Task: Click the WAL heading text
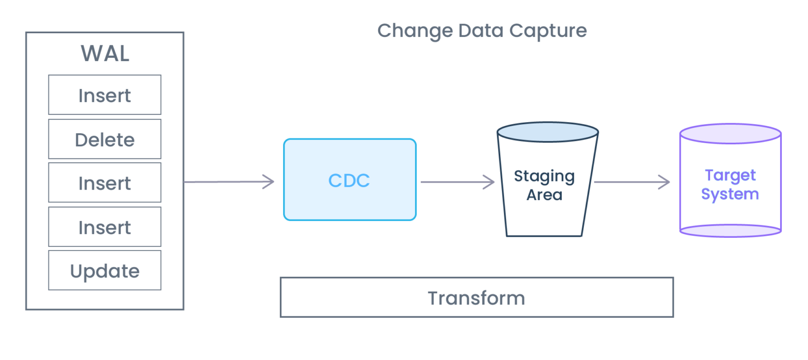coord(105,54)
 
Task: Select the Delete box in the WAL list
coord(105,139)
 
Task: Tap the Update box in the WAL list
coord(105,271)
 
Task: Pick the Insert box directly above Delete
coord(105,95)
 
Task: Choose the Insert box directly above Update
coord(105,227)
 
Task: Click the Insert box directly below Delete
coord(105,183)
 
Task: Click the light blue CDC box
coord(349,180)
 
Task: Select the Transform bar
coord(476,297)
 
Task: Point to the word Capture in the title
coord(551,31)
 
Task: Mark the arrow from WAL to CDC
coord(229,182)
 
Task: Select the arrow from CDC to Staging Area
coord(457,182)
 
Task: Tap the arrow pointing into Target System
coord(632,182)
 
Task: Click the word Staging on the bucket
coord(544,176)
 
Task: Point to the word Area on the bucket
coord(544,195)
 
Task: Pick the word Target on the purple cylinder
coord(730,175)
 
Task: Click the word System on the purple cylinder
coord(730,194)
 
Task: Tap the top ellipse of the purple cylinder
coord(730,134)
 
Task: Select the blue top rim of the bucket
coord(547,132)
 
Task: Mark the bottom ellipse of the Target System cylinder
coord(730,231)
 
